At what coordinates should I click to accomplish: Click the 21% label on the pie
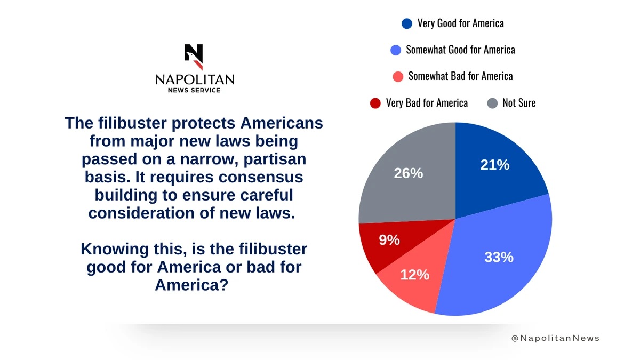pos(495,165)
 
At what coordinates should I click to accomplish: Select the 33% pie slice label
pos(499,257)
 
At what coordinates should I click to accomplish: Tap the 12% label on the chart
pos(415,275)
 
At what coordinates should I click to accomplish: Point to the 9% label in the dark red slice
pos(389,241)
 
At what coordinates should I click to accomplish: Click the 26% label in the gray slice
pos(408,173)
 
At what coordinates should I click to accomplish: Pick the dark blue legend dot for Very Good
pos(407,23)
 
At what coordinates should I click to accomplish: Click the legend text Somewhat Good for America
pos(460,50)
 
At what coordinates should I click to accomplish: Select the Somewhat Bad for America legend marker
pos(397,76)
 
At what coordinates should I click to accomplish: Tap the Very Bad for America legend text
pos(427,103)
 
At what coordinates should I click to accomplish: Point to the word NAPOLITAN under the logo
pos(195,79)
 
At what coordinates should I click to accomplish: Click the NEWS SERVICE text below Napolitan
pos(195,90)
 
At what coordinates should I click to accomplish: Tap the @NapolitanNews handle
pos(555,338)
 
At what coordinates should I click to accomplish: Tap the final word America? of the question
pos(191,285)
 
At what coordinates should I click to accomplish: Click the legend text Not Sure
pos(519,103)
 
